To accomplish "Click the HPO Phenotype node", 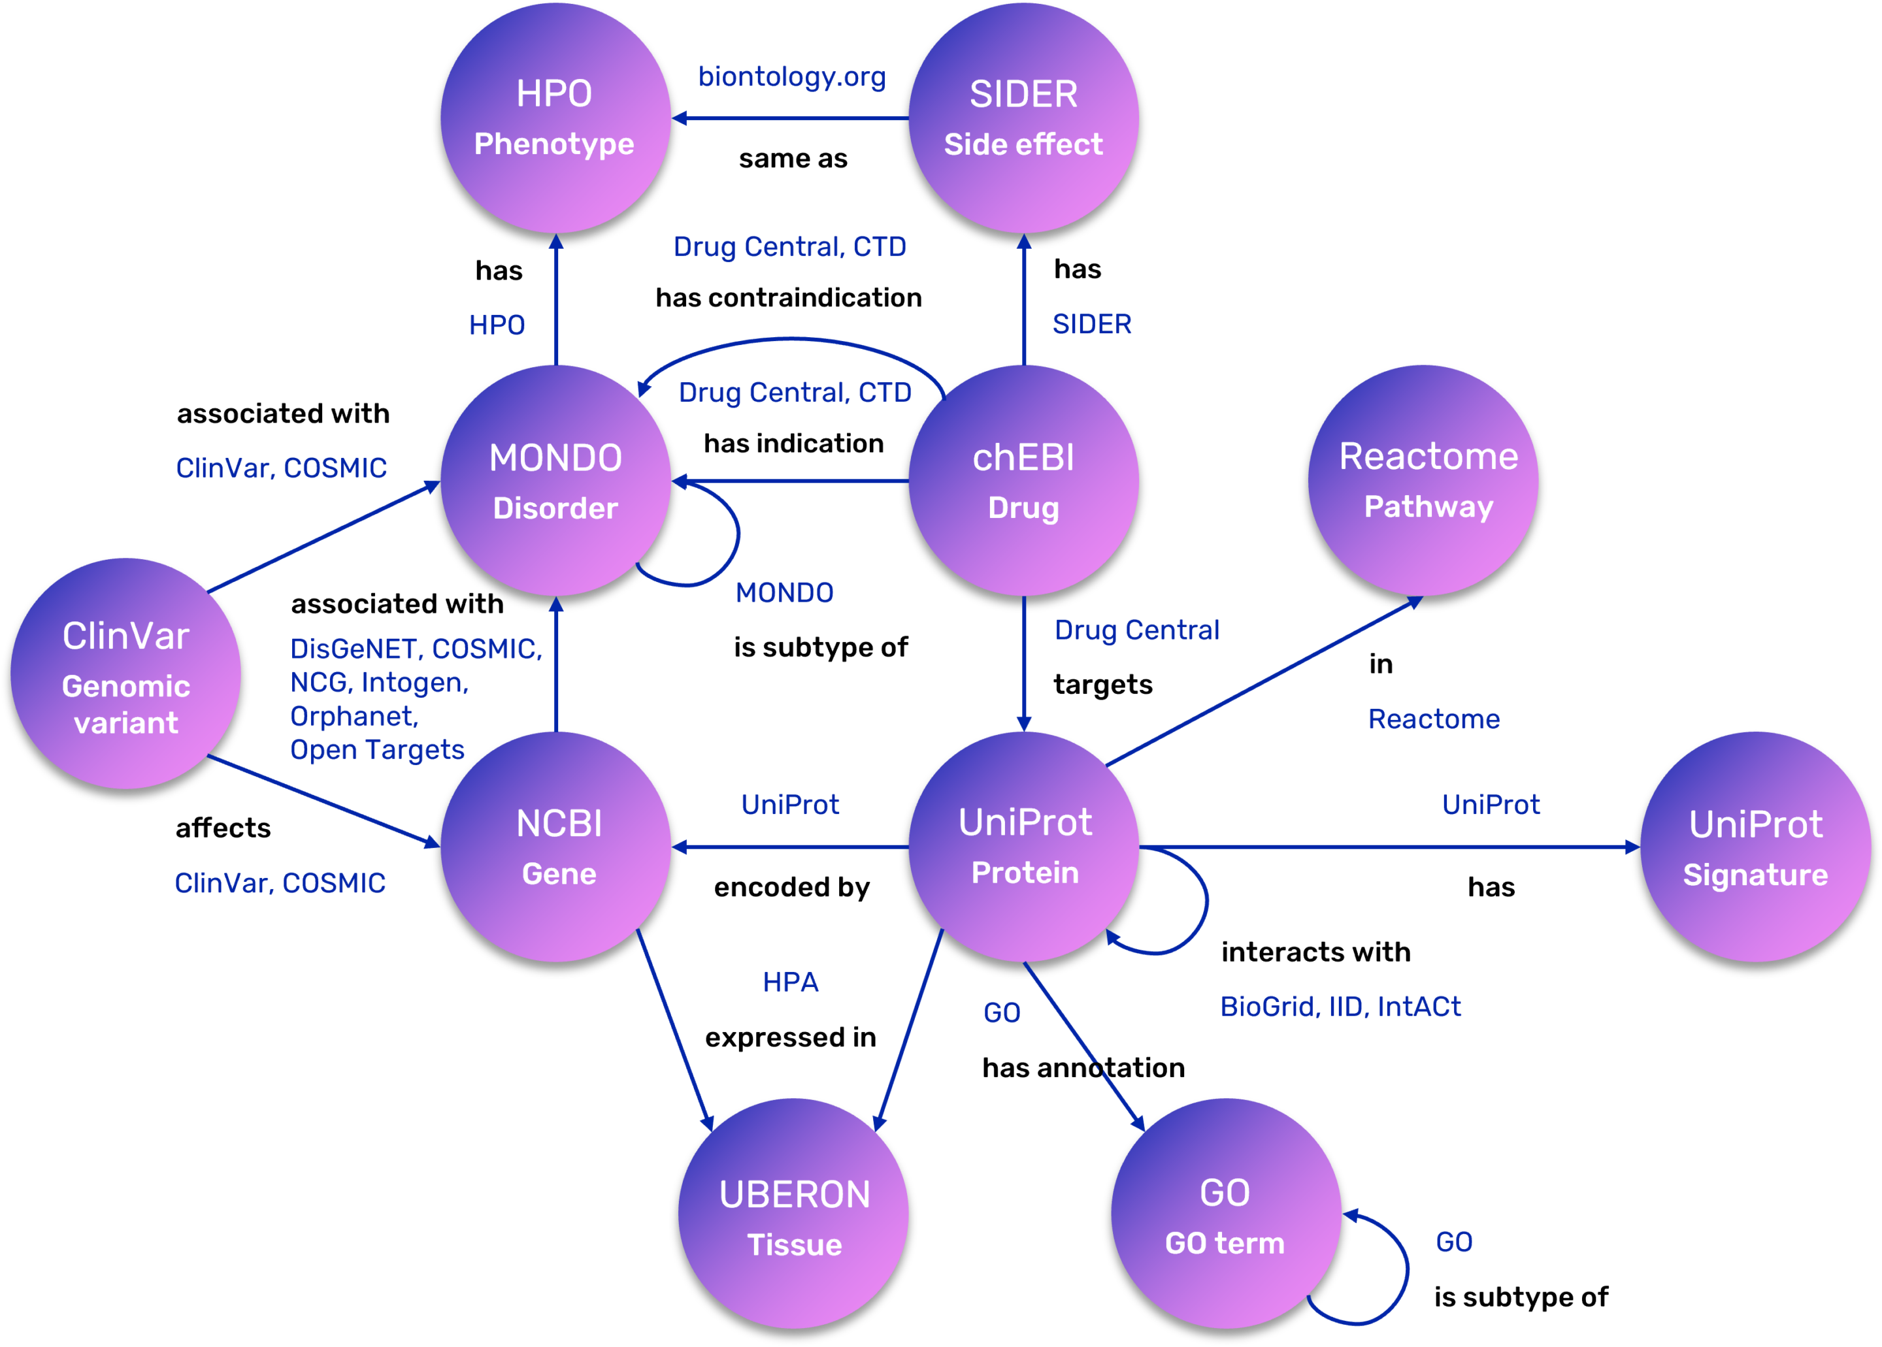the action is [x=555, y=118].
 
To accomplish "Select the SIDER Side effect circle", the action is [x=1023, y=118].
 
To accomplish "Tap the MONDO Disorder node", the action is [x=555, y=480].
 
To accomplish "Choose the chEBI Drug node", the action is [x=1023, y=480].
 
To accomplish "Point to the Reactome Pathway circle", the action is [x=1423, y=480].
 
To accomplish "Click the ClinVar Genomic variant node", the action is [x=126, y=673].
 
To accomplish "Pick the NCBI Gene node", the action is [x=555, y=847].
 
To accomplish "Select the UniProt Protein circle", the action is [x=1023, y=847].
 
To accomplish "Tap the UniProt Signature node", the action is [x=1755, y=847].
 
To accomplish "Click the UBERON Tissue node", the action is [x=793, y=1214].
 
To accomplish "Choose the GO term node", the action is [x=1226, y=1214].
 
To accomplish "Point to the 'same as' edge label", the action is [x=793, y=159].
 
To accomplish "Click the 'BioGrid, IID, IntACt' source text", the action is [x=1340, y=1006].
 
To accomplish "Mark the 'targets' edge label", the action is [x=1103, y=685].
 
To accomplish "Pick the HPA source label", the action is [x=790, y=982].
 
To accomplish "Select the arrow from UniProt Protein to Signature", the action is [x=1390, y=847].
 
